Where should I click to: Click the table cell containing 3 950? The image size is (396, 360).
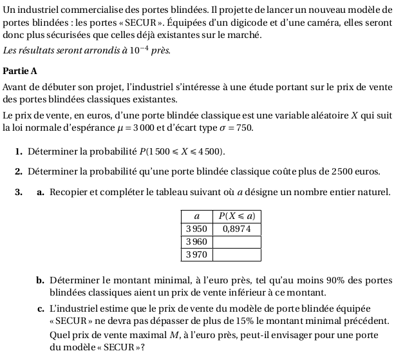click(196, 228)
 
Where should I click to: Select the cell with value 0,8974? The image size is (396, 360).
click(237, 228)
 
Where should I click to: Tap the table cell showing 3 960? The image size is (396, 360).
click(196, 241)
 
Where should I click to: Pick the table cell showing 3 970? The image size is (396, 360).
click(196, 254)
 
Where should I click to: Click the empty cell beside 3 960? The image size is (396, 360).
click(237, 241)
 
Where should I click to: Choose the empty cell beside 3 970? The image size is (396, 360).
click(237, 254)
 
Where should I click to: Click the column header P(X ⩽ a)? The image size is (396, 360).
click(237, 216)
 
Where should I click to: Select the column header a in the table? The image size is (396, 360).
click(196, 216)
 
